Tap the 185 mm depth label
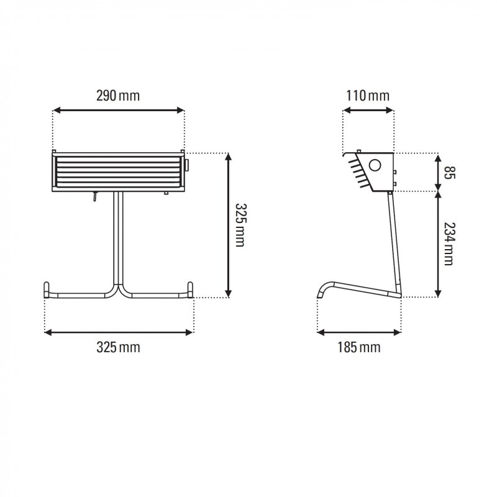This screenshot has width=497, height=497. tap(358, 347)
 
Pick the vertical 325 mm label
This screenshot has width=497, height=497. tap(240, 224)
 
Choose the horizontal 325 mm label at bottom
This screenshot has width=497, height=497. tap(118, 347)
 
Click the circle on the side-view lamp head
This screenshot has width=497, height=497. tap(375, 166)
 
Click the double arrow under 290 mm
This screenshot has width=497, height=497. tap(118, 111)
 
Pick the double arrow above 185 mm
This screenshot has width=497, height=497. tap(358, 332)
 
